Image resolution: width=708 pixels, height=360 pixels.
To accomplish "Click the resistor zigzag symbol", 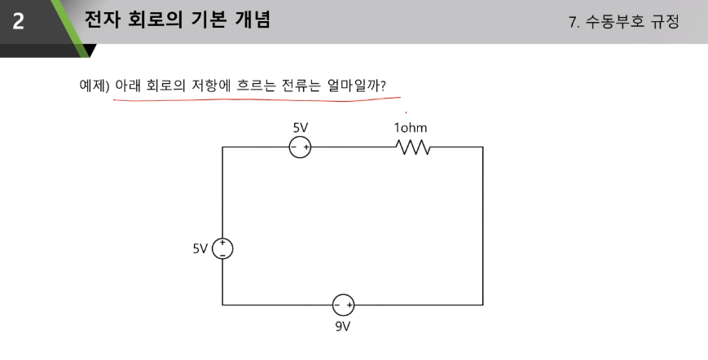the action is (413, 147).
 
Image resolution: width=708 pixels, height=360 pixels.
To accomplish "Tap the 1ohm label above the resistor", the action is (411, 128).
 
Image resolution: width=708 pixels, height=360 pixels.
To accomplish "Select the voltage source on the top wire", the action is (300, 147).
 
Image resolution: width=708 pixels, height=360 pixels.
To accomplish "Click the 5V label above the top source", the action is (301, 128).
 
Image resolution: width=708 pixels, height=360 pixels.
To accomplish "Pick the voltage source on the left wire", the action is (222, 248).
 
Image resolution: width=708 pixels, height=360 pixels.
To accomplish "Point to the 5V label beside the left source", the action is (200, 248).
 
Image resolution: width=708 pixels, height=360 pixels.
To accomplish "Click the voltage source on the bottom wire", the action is (343, 305).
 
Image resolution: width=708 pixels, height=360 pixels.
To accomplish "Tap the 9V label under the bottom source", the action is (343, 326).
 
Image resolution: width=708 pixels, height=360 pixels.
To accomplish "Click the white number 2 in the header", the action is (18, 21).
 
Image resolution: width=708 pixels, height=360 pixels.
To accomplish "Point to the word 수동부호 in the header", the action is (614, 21).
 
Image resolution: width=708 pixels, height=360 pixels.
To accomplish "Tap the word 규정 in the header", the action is (665, 21).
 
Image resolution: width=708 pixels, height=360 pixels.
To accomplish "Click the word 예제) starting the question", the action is (95, 86).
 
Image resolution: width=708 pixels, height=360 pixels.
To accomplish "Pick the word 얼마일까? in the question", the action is (356, 86).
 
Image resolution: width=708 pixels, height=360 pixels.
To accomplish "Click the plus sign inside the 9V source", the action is (349, 305).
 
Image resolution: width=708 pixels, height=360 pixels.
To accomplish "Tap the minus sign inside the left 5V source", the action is (222, 255).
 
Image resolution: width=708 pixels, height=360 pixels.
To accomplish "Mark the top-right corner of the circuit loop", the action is (483, 147).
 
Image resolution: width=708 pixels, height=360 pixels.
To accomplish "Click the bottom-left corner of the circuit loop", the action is (222, 305).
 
